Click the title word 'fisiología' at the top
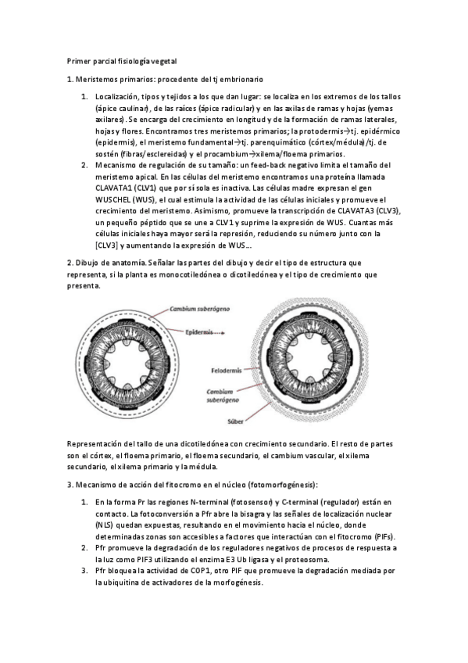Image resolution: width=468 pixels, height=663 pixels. click(136, 61)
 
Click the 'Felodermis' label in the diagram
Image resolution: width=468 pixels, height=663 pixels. click(227, 369)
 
